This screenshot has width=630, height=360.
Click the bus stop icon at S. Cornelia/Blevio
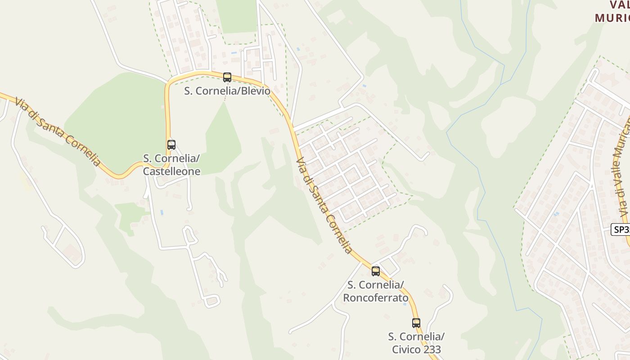pos(227,77)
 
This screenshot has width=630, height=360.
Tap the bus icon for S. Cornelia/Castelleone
pos(171,145)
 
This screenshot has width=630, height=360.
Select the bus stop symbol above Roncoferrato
pos(376,271)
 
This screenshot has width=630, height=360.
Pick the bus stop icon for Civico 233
pos(416,323)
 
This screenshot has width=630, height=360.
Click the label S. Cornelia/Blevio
pos(227,91)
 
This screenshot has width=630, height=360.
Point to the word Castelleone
pos(171,171)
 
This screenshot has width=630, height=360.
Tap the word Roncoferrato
pos(376,298)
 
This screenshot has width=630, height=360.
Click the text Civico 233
pos(416,350)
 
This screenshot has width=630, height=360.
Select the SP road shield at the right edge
pos(621,229)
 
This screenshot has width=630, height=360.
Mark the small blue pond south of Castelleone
pos(162,212)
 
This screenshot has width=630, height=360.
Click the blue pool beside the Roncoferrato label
pos(405,304)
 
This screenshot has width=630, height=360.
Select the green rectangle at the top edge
pos(236,16)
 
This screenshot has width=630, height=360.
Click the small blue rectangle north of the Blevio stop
pos(234,53)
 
